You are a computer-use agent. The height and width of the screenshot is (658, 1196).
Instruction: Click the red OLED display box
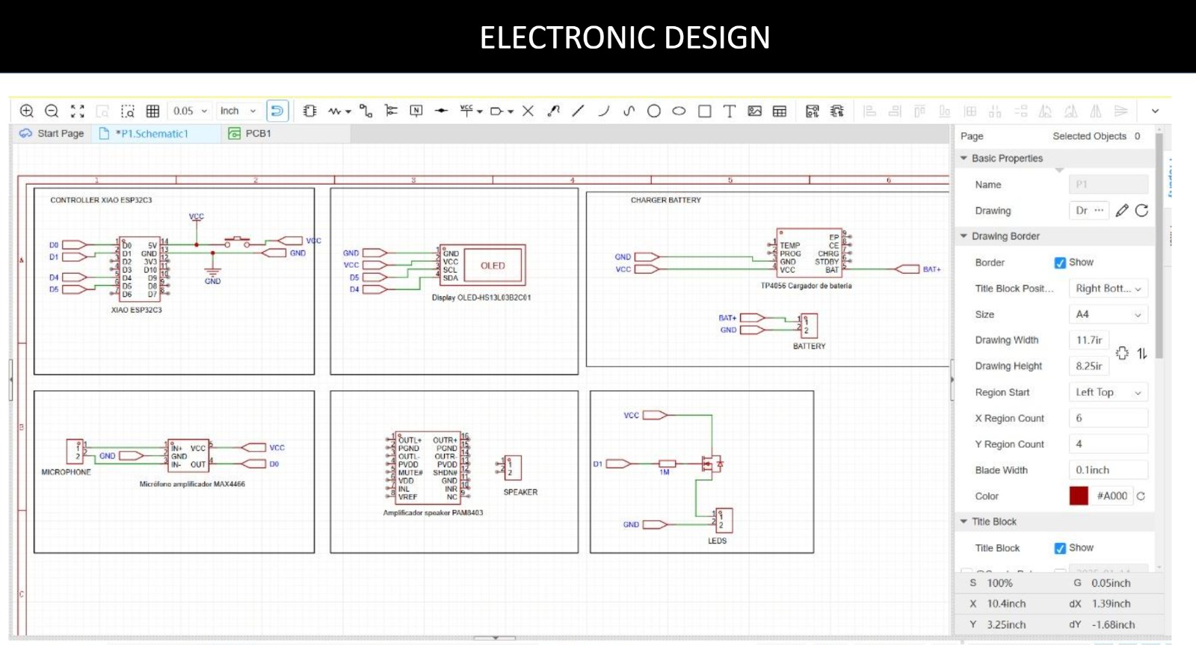[493, 265]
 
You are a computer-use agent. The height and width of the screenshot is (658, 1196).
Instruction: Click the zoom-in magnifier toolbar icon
[27, 111]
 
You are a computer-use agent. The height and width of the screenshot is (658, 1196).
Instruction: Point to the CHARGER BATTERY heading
[665, 200]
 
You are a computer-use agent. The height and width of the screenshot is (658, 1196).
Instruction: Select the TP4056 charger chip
[809, 253]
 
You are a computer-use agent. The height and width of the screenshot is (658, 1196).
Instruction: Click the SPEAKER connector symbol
[514, 468]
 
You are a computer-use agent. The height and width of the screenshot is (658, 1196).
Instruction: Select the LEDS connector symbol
[723, 520]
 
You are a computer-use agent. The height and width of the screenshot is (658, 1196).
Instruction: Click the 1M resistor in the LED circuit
[666, 464]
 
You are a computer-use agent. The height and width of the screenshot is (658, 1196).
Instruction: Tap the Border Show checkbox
[1060, 262]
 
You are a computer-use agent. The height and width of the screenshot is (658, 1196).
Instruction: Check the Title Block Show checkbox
[1060, 548]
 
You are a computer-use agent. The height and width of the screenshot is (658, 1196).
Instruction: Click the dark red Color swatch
[1079, 496]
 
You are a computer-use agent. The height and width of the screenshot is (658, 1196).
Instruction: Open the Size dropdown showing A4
[1108, 315]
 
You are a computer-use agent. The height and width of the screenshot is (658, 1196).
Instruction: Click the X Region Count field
[1108, 418]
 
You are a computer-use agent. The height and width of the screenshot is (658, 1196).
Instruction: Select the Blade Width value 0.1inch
[1108, 470]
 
